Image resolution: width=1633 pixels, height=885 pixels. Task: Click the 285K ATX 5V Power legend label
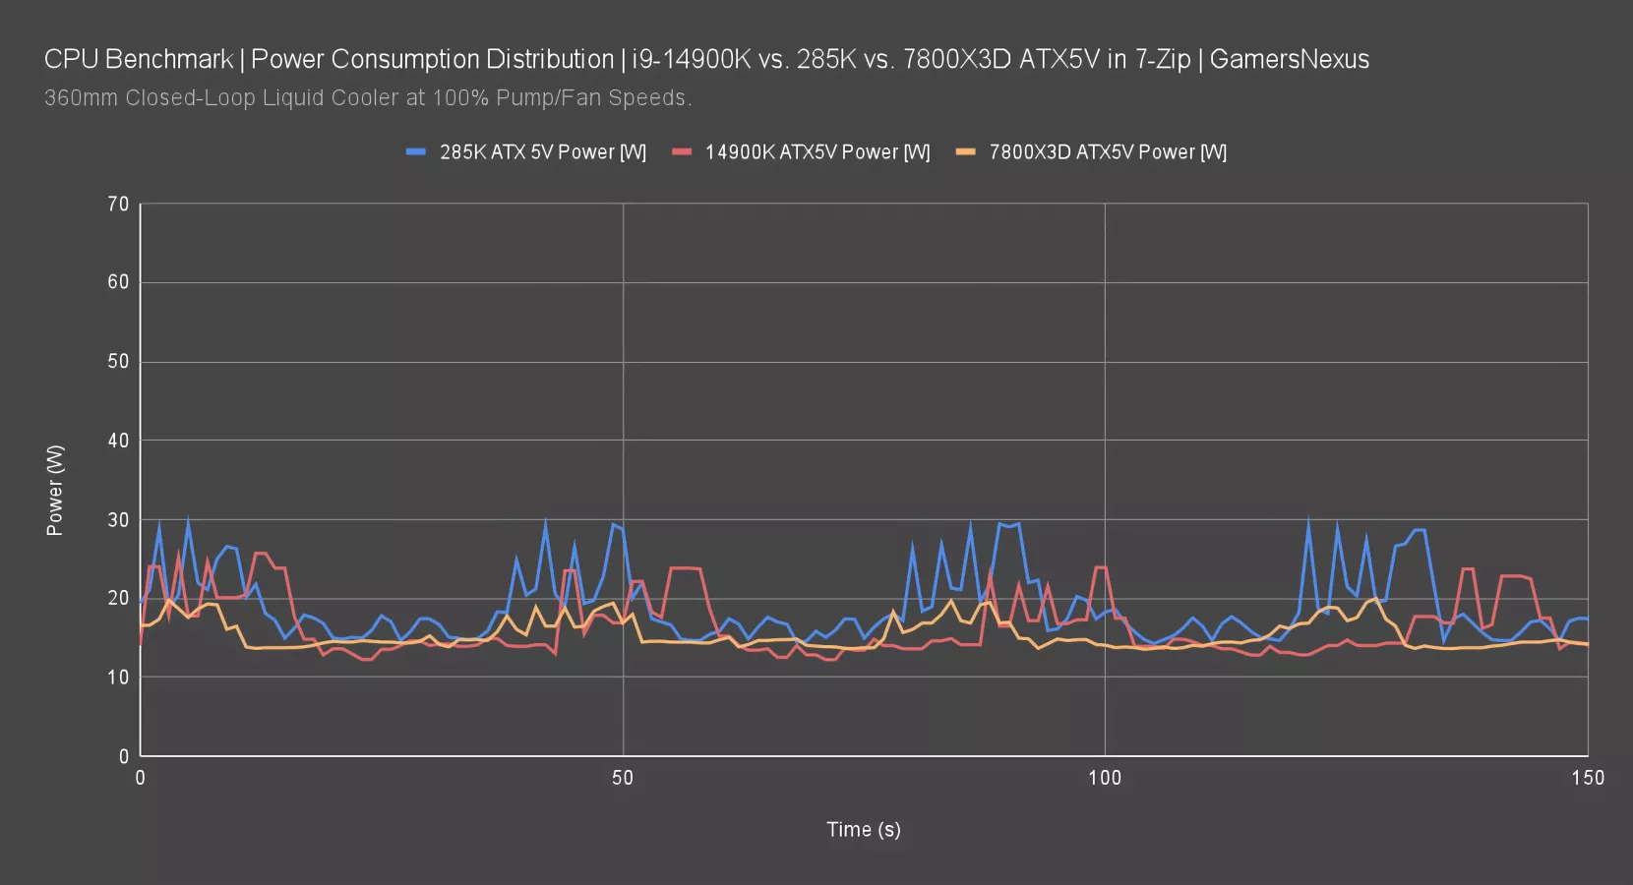[x=542, y=152]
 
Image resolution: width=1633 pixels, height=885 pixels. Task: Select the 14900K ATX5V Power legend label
[x=816, y=152]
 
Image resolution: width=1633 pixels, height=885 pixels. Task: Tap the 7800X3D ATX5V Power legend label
[x=1108, y=152]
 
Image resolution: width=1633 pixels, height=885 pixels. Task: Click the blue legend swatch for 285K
[x=416, y=152]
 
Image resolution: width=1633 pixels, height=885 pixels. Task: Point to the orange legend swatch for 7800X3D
[x=966, y=152]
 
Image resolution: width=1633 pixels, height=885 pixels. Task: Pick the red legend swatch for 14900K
[x=682, y=152]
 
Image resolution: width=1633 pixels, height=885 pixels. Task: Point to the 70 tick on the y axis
[x=118, y=205]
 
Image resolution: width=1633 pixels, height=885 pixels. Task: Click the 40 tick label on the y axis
[x=118, y=441]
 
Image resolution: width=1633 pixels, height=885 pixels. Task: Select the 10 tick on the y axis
[x=118, y=678]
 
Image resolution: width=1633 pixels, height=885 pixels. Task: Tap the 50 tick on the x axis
[x=623, y=778]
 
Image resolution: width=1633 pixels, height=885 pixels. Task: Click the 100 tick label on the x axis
[x=1105, y=778]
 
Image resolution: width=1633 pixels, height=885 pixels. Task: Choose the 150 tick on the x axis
[x=1587, y=778]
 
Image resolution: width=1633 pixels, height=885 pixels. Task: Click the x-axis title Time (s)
[x=863, y=830]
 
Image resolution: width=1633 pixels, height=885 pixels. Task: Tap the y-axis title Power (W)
[x=55, y=490]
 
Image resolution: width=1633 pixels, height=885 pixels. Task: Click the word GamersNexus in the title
[x=1289, y=60]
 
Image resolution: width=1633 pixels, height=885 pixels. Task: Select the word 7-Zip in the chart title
[x=1163, y=60]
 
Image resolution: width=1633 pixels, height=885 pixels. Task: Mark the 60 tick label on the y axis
[x=118, y=282]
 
